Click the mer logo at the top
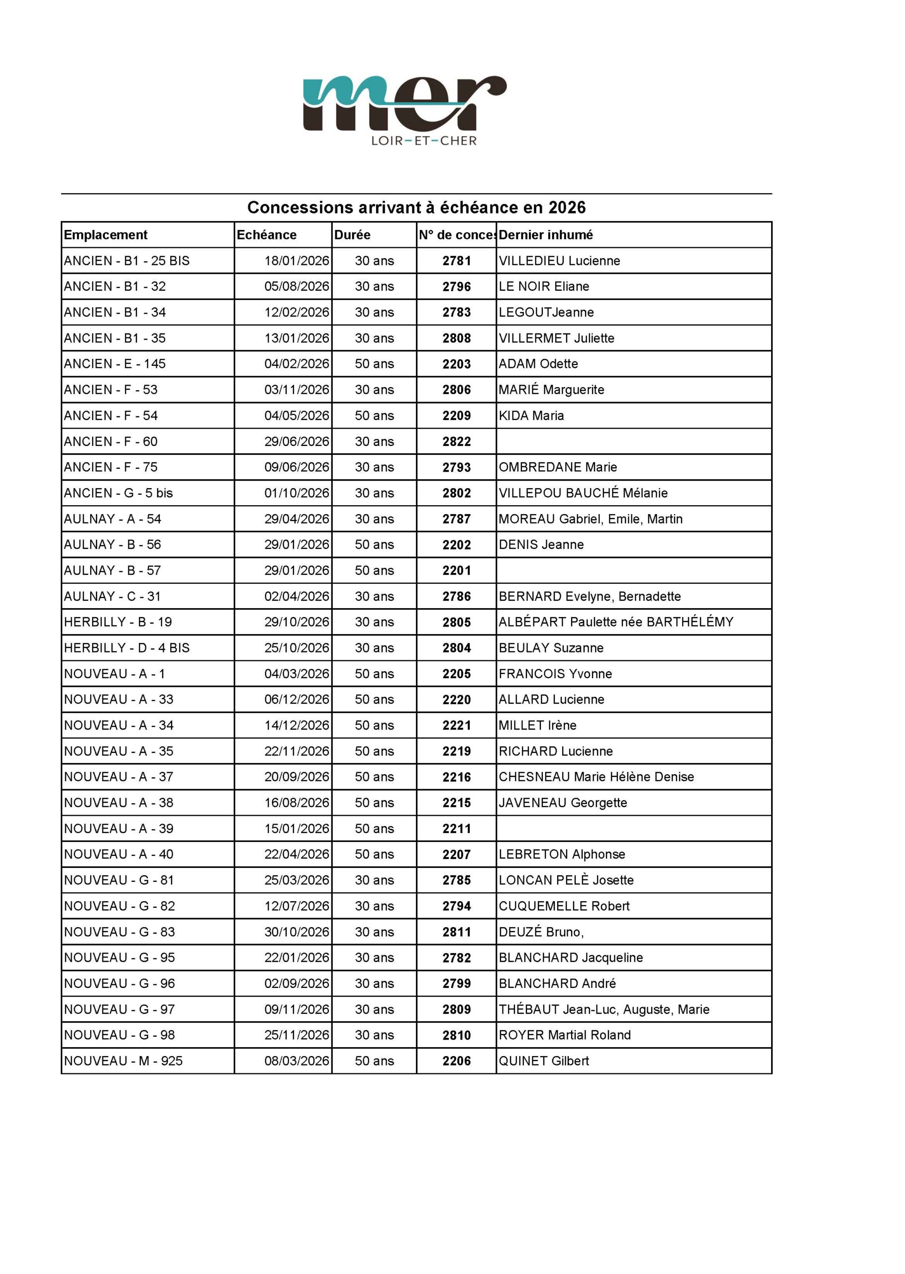[404, 103]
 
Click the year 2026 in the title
[567, 208]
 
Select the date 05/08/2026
[297, 287]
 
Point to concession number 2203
[456, 364]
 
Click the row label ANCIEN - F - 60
[110, 441]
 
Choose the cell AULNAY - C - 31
[112, 596]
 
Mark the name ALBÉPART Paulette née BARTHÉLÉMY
[616, 622]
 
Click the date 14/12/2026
[297, 725]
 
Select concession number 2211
[456, 829]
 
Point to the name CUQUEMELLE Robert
[564, 906]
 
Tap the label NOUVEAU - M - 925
[123, 1061]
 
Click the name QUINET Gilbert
[543, 1061]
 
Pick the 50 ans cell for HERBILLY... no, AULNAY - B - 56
[374, 544]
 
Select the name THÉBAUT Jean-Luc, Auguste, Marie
[604, 1009]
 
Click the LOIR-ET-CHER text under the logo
[424, 141]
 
